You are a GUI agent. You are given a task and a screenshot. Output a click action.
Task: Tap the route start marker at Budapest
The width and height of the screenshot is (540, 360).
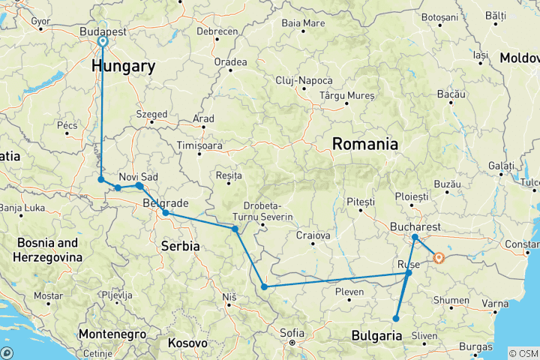pyautogui.click(x=102, y=42)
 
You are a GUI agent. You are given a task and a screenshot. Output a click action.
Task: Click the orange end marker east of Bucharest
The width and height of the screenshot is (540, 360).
pyautogui.click(x=439, y=259)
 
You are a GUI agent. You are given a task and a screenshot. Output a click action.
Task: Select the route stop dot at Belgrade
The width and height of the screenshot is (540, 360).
pyautogui.click(x=166, y=213)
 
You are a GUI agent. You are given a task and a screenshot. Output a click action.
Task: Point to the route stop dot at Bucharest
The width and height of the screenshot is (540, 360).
pyautogui.click(x=415, y=237)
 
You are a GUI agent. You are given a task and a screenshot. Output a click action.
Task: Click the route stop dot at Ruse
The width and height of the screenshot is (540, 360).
pyautogui.click(x=408, y=273)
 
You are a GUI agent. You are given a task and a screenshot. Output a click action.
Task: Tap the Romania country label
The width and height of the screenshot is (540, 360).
pyautogui.click(x=364, y=143)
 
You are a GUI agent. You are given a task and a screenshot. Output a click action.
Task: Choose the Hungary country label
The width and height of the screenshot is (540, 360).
pyautogui.click(x=123, y=66)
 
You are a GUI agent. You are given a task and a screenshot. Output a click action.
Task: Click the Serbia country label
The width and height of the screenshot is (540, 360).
pyautogui.click(x=181, y=245)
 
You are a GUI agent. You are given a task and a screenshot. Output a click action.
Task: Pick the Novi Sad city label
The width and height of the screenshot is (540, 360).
pyautogui.click(x=138, y=176)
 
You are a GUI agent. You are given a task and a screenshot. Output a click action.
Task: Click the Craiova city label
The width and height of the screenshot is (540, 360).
pyautogui.click(x=313, y=235)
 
